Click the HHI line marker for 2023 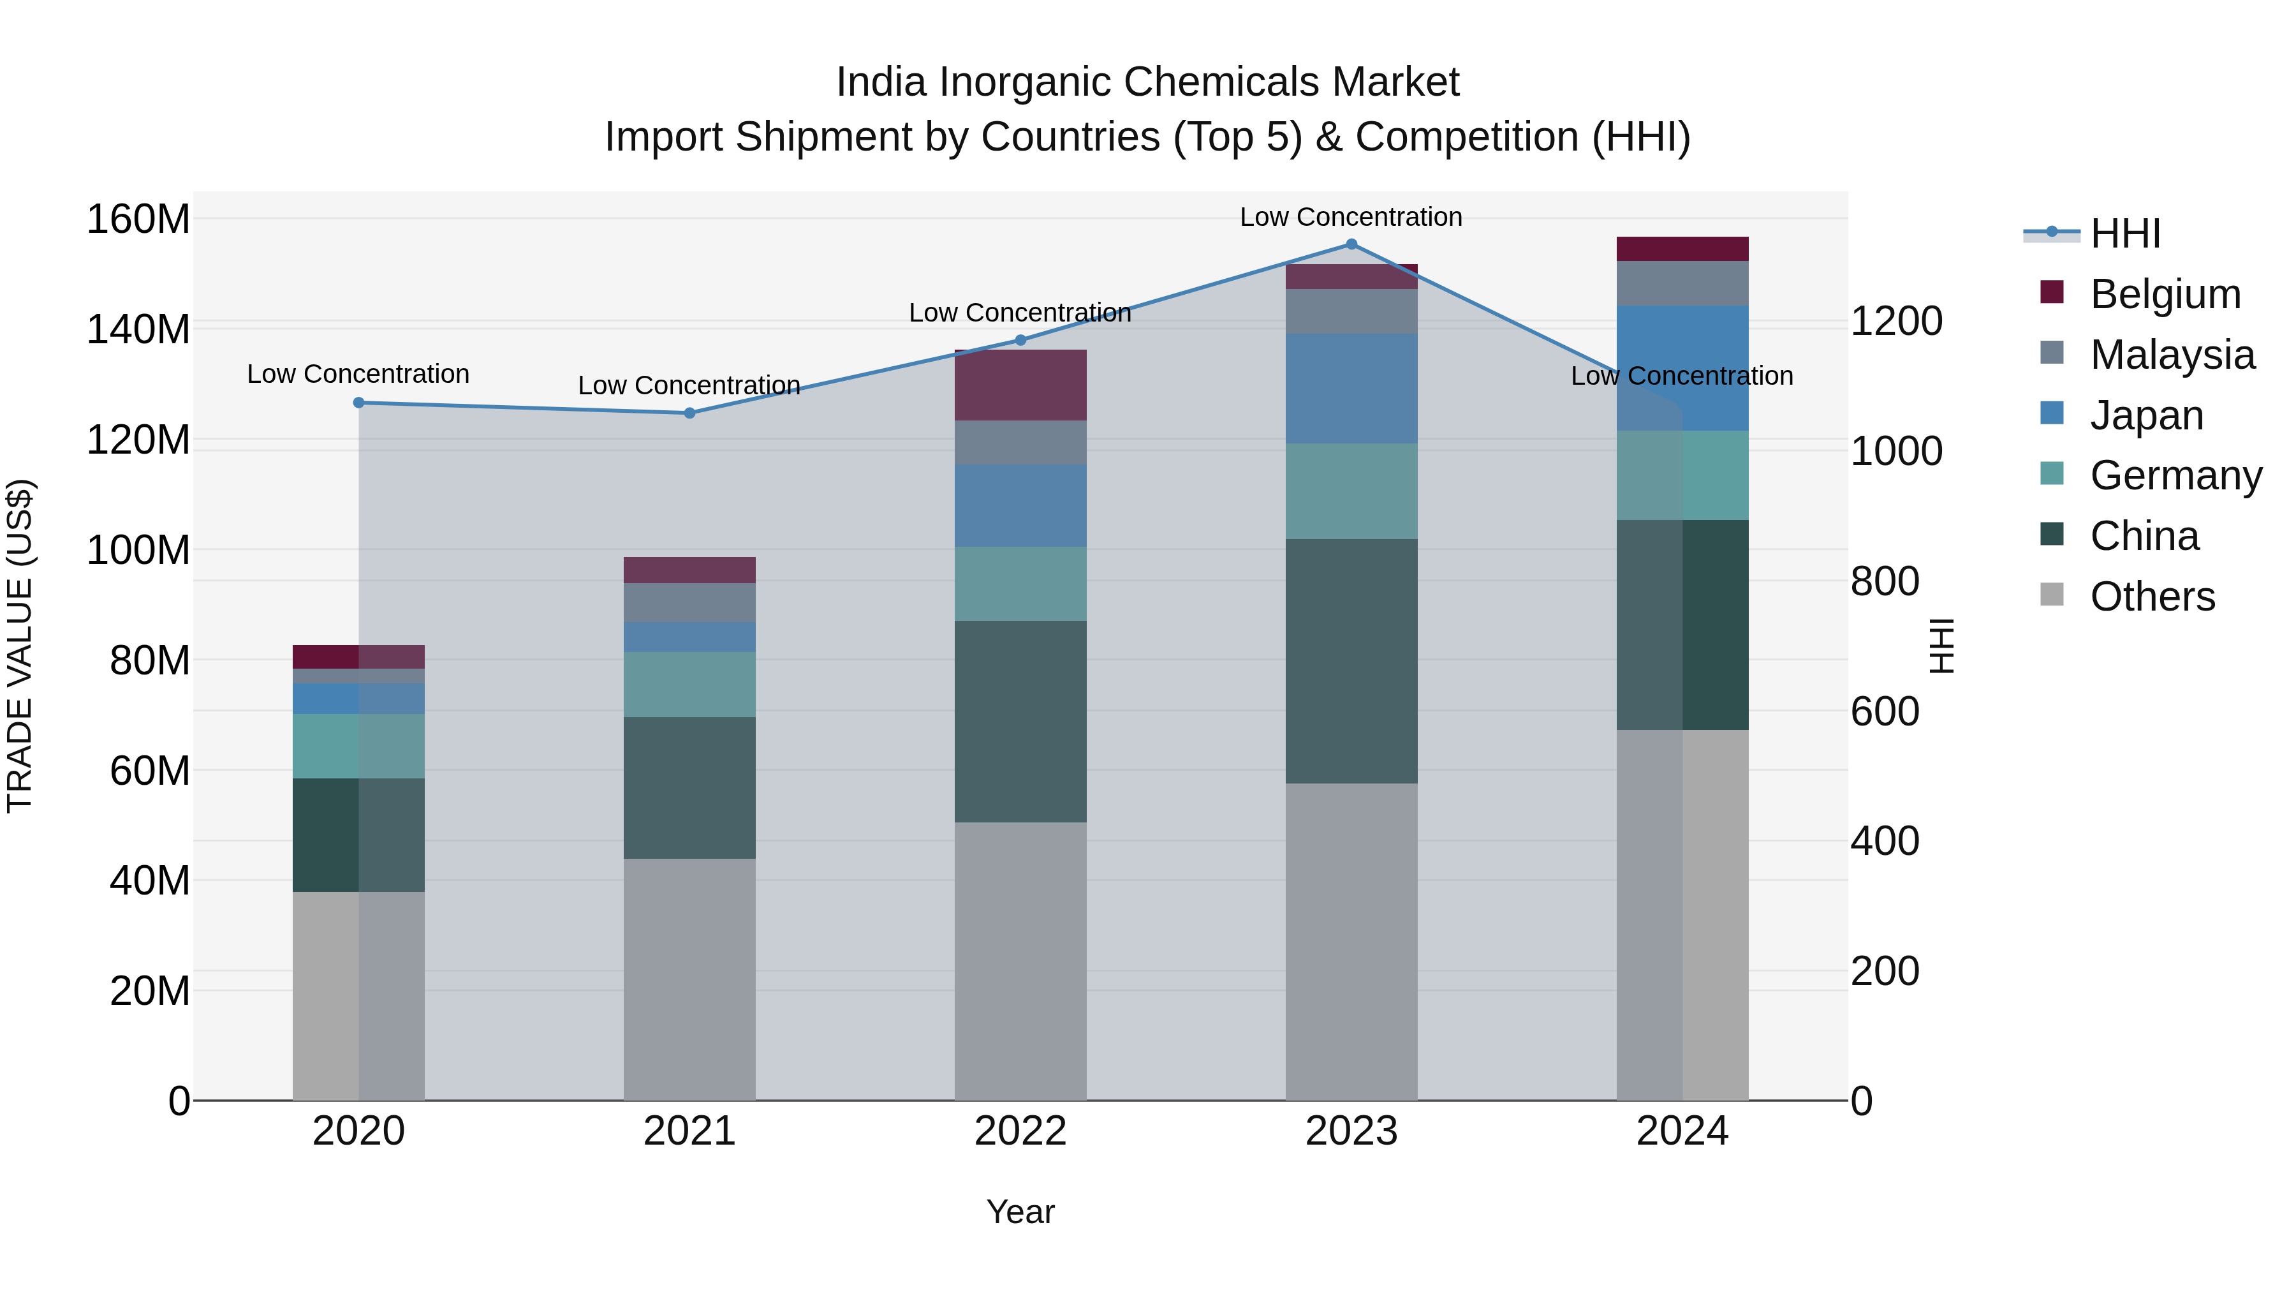[x=1351, y=244]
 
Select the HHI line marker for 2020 [x=359, y=403]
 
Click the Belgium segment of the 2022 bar [x=1020, y=385]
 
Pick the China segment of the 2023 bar [x=1351, y=661]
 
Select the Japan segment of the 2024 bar [x=1683, y=368]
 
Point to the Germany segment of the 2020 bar [x=359, y=746]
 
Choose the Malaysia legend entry [x=2172, y=355]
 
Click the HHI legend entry [x=2125, y=234]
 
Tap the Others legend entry [x=2152, y=597]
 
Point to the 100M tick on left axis [x=138, y=550]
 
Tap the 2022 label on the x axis [x=1020, y=1131]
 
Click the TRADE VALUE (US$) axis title [x=20, y=646]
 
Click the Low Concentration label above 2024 [x=1682, y=376]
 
